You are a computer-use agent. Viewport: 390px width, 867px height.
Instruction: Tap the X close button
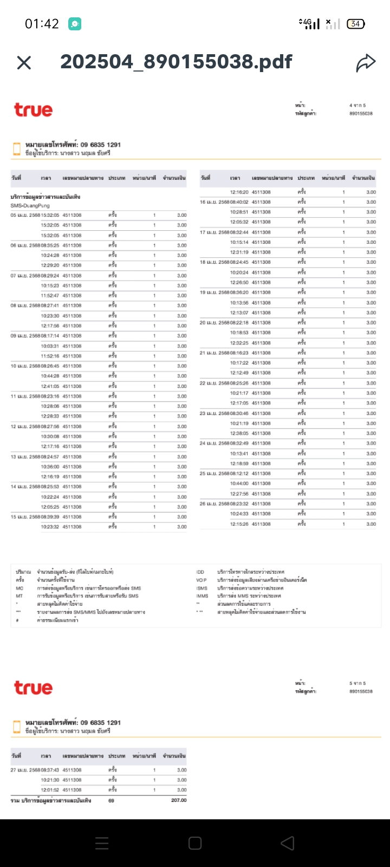pyautogui.click(x=24, y=63)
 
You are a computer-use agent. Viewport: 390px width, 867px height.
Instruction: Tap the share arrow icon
pyautogui.click(x=366, y=63)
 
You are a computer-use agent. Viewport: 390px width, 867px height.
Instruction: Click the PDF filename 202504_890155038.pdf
pyautogui.click(x=176, y=62)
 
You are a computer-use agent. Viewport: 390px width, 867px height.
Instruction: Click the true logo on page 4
pyautogui.click(x=33, y=110)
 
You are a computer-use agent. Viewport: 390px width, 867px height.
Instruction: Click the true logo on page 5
pyautogui.click(x=33, y=688)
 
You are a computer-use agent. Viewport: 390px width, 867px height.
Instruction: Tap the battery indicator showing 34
pyautogui.click(x=355, y=24)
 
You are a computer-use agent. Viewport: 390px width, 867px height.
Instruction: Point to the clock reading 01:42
pyautogui.click(x=42, y=24)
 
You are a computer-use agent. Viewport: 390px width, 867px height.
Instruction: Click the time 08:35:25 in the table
pyautogui.click(x=50, y=245)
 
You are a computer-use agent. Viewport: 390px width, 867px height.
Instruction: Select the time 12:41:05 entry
pyautogui.click(x=50, y=386)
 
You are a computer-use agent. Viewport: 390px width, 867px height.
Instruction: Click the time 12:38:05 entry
pyautogui.click(x=239, y=433)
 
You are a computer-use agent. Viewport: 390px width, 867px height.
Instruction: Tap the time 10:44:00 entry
pyautogui.click(x=239, y=483)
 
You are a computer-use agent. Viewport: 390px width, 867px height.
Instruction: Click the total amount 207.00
pyautogui.click(x=178, y=800)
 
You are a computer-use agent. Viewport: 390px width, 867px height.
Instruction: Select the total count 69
pyautogui.click(x=111, y=800)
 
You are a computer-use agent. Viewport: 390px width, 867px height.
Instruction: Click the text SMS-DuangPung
pyautogui.click(x=30, y=206)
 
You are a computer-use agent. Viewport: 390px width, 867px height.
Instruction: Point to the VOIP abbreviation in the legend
pyautogui.click(x=201, y=580)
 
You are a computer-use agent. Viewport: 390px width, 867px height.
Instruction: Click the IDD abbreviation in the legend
pyautogui.click(x=200, y=572)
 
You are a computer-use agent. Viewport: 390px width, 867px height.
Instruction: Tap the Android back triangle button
pyautogui.click(x=288, y=843)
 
